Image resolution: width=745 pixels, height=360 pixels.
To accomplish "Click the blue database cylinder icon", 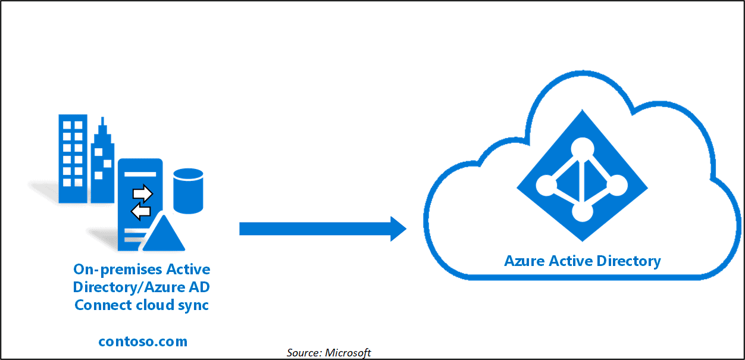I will (188, 190).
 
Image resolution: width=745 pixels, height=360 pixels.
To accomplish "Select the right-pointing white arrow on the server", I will (143, 193).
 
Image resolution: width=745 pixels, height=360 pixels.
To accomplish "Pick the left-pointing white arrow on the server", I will (141, 211).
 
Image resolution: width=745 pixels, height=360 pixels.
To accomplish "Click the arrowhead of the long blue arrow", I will (397, 228).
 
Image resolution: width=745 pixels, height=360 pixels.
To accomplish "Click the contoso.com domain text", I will (143, 341).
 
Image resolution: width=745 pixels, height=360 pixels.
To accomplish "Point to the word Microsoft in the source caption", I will (348, 353).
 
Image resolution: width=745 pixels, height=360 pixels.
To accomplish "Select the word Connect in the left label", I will (98, 305).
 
